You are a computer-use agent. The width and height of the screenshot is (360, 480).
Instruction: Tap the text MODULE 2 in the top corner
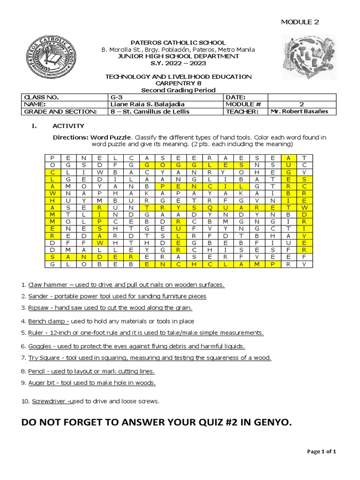(300, 22)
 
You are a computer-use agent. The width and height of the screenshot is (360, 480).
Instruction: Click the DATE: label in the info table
(236, 97)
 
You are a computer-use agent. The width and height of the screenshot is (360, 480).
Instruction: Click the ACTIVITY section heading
(68, 126)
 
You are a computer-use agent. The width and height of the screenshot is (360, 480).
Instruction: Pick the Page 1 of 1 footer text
(322, 451)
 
